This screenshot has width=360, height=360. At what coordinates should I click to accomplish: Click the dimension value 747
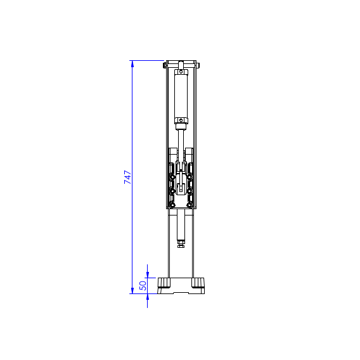coord(127,177)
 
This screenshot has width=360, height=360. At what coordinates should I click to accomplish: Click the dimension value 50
coord(143,286)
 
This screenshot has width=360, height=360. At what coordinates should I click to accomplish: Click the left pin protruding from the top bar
coord(165,65)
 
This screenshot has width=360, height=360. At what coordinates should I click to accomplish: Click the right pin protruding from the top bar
coord(198,65)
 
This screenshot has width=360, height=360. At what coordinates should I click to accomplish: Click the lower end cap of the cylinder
coord(181,121)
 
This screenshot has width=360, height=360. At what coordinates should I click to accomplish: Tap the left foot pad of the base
coord(165,282)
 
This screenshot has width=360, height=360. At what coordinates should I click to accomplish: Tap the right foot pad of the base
coord(198,282)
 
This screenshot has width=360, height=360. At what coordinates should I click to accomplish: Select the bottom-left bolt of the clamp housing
coord(172,204)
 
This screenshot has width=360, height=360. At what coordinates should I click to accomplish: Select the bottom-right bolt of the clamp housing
coord(190,204)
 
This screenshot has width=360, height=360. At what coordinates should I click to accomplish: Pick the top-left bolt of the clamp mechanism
coord(172,167)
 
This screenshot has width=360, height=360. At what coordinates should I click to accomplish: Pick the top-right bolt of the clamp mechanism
coord(190,167)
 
